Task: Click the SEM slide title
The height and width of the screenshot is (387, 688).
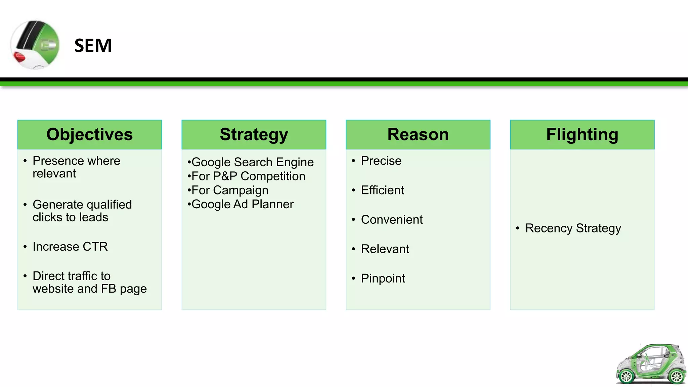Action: [x=93, y=46]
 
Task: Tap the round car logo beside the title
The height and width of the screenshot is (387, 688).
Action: [x=35, y=45]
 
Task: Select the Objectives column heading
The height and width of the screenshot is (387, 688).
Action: [x=90, y=134]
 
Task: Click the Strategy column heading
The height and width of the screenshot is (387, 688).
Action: [x=254, y=134]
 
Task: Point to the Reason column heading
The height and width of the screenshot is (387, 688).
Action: [x=418, y=134]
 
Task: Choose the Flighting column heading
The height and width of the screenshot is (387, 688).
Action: [x=582, y=134]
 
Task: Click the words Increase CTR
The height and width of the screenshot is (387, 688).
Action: [x=70, y=247]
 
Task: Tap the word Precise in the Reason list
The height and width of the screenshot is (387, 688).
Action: [x=381, y=161]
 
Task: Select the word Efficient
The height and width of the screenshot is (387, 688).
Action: [x=382, y=190]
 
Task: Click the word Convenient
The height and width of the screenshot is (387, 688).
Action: [x=392, y=220]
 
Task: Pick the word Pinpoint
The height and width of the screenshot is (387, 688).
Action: [x=383, y=278]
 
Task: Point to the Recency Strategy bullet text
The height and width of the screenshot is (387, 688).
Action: [x=573, y=228]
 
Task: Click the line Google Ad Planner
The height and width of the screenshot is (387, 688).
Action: [x=242, y=204]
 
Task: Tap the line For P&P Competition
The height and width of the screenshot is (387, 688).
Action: [x=248, y=176]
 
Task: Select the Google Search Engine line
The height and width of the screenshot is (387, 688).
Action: [x=252, y=162]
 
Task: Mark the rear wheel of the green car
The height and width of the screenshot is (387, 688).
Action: [x=676, y=377]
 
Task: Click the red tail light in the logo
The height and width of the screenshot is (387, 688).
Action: [x=19, y=57]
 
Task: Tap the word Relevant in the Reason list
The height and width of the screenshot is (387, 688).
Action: [x=385, y=249]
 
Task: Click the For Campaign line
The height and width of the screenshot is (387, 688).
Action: [x=230, y=190]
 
